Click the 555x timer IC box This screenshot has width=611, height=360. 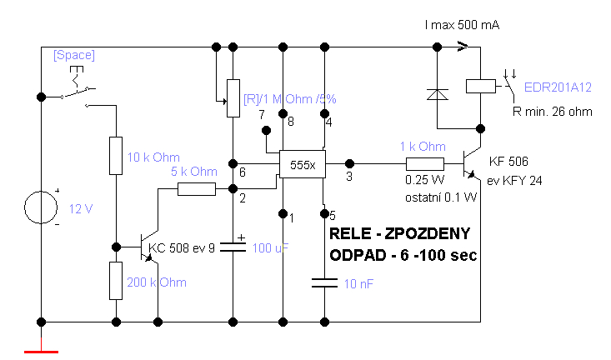pos(303,164)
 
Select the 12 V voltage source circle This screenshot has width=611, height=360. pos(41,207)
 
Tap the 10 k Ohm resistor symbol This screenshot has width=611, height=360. pos(116,156)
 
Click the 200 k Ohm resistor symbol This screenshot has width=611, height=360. pos(116,281)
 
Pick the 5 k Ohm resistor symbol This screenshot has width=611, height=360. pos(197,189)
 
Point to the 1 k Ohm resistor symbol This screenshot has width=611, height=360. pos(425,164)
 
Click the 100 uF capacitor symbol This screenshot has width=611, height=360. pos(233,247)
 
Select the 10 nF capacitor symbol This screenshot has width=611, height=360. pos(324,282)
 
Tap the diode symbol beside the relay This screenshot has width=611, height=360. pos(438,94)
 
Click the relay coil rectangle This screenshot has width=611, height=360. pos(481,86)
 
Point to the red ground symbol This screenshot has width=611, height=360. pos(42,352)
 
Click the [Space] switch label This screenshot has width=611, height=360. pos(74,55)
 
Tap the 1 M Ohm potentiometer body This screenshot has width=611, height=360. pos(233,98)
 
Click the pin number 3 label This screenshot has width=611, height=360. pos(349,177)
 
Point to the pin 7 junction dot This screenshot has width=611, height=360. pos(266,130)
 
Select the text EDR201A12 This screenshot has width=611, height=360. pos(558,87)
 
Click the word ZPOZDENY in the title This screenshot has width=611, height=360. pos(428,233)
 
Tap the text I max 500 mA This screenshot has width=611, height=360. pos(462,25)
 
